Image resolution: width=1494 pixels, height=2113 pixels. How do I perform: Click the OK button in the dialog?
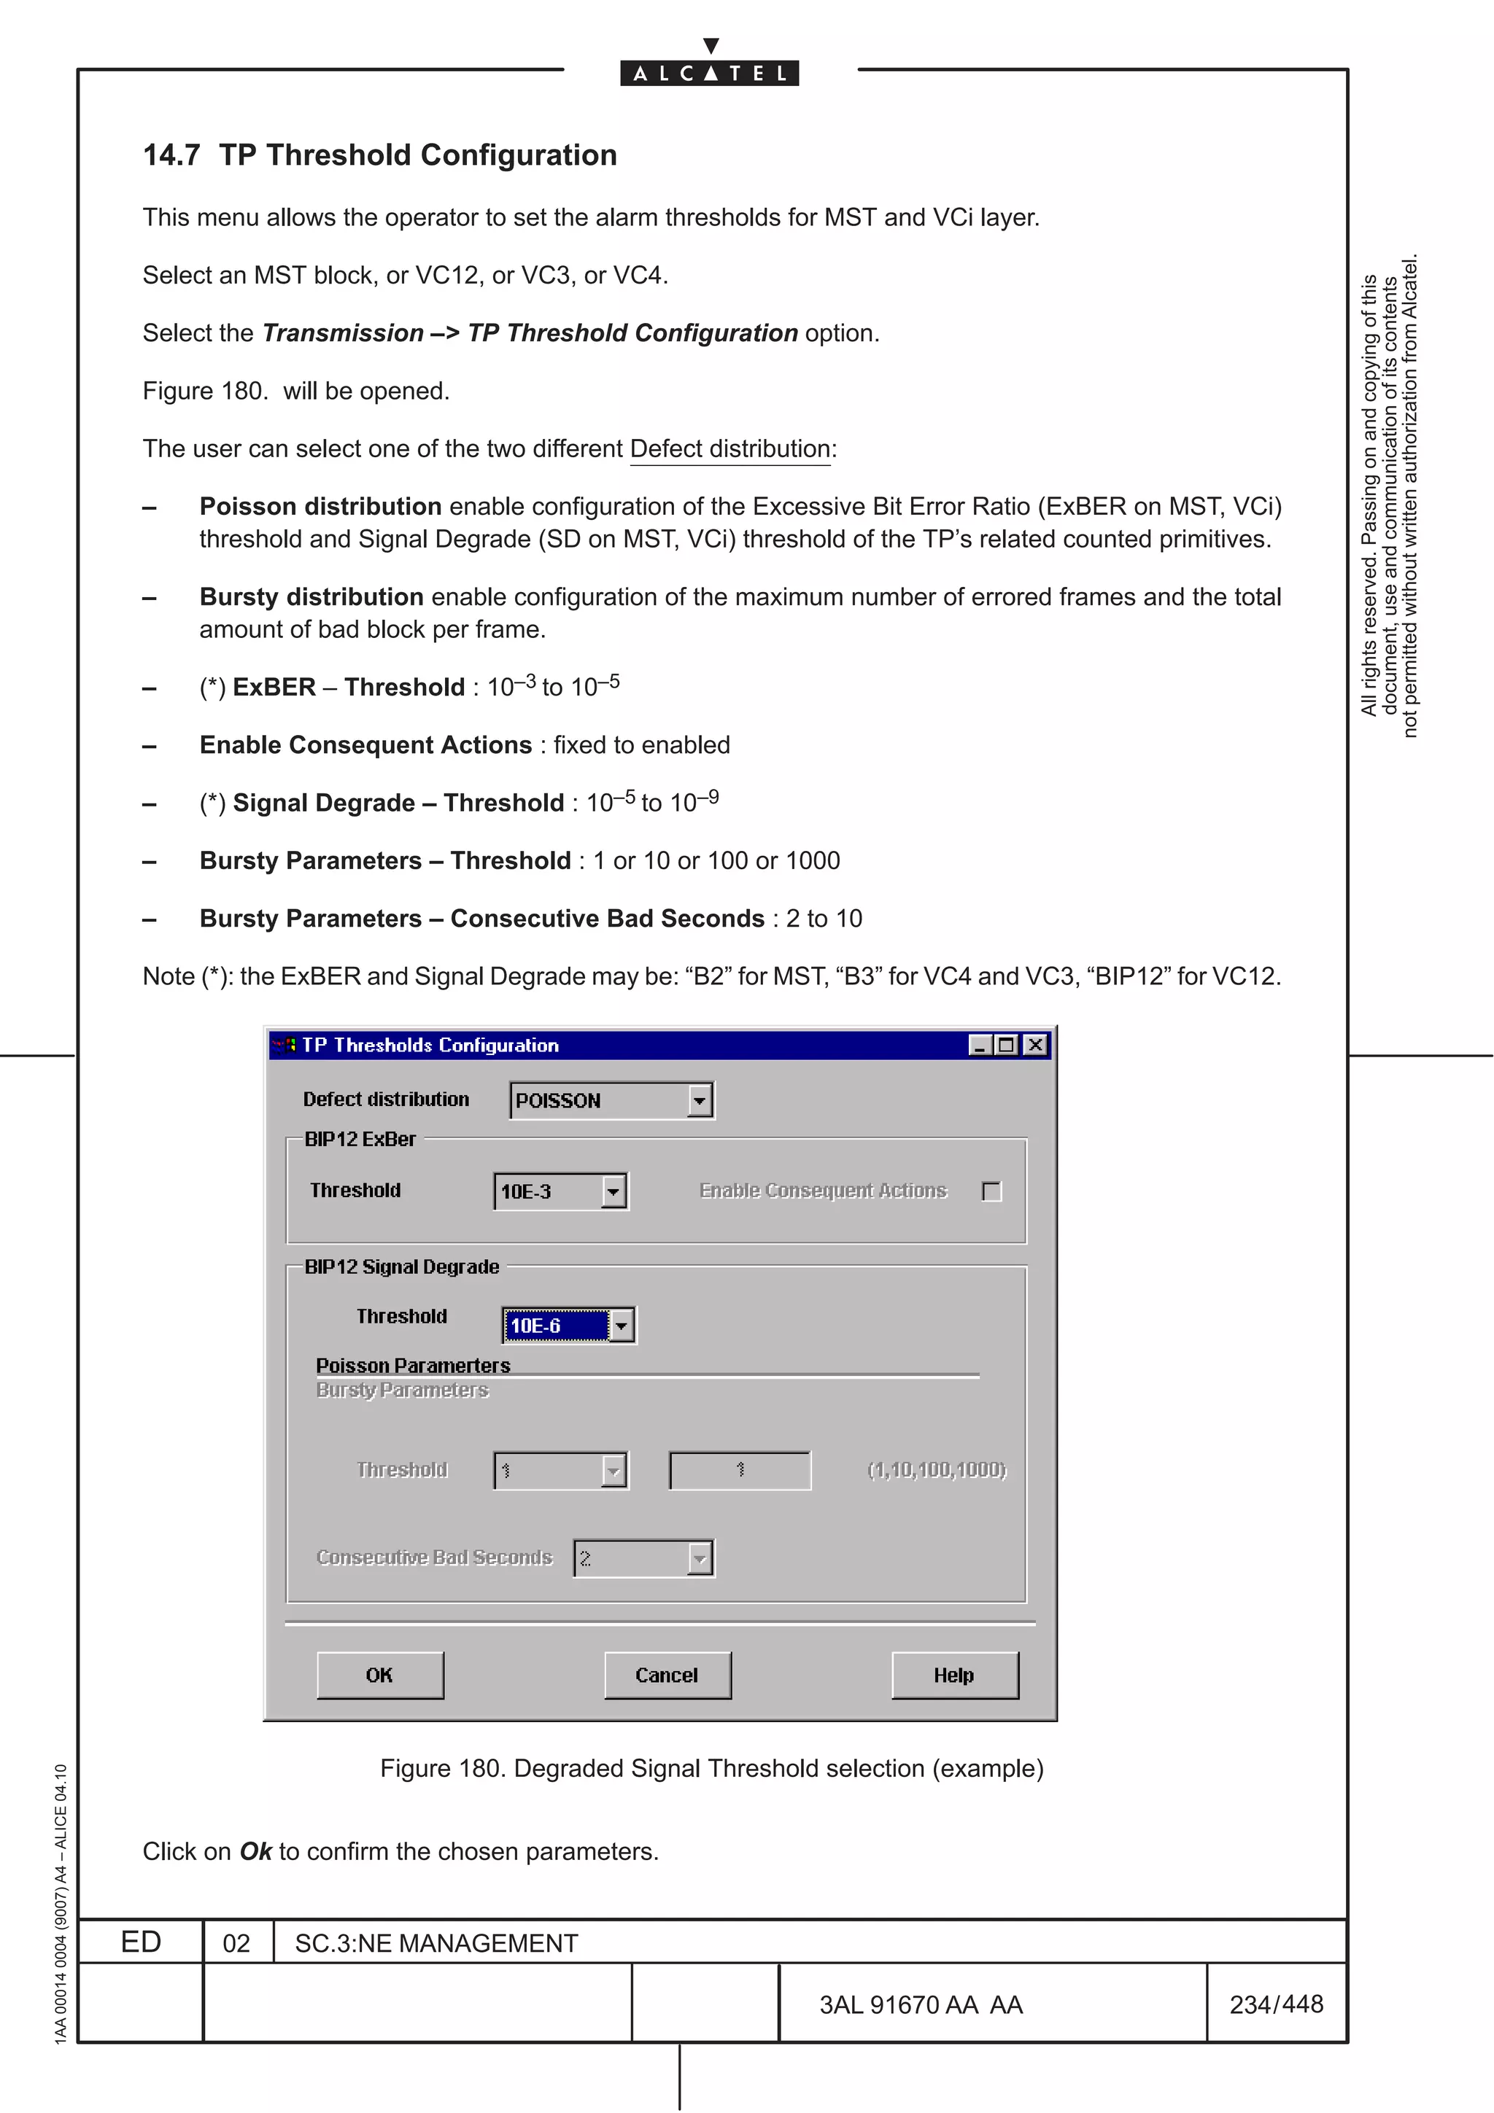pyautogui.click(x=379, y=1675)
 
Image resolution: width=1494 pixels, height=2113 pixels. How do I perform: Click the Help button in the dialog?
pyautogui.click(x=955, y=1675)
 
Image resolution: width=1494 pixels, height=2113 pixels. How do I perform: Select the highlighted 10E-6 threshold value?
pyautogui.click(x=554, y=1326)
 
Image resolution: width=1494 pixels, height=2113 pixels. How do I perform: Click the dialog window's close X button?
pyautogui.click(x=1036, y=1045)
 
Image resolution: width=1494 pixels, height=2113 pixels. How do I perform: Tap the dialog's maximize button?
pyautogui.click(x=1006, y=1045)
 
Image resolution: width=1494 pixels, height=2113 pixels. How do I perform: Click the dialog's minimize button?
pyautogui.click(x=980, y=1045)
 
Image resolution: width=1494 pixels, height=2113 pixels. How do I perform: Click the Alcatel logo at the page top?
pyautogui.click(x=710, y=66)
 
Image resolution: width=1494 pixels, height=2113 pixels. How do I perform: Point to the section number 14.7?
pyautogui.click(x=171, y=155)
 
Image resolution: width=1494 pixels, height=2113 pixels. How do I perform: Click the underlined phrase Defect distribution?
pyautogui.click(x=730, y=449)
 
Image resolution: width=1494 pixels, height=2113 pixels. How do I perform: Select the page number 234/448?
pyautogui.click(x=1276, y=2004)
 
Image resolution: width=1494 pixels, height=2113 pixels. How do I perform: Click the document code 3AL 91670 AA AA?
pyautogui.click(x=921, y=2004)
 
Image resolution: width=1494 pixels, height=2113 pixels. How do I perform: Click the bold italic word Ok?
pyautogui.click(x=256, y=1852)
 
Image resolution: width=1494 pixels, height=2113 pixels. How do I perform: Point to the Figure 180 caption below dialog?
pyautogui.click(x=711, y=1768)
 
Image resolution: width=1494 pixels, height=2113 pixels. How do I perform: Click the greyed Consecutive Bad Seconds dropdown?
pyautogui.click(x=643, y=1558)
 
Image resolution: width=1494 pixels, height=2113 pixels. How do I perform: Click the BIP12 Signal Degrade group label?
pyautogui.click(x=401, y=1266)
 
